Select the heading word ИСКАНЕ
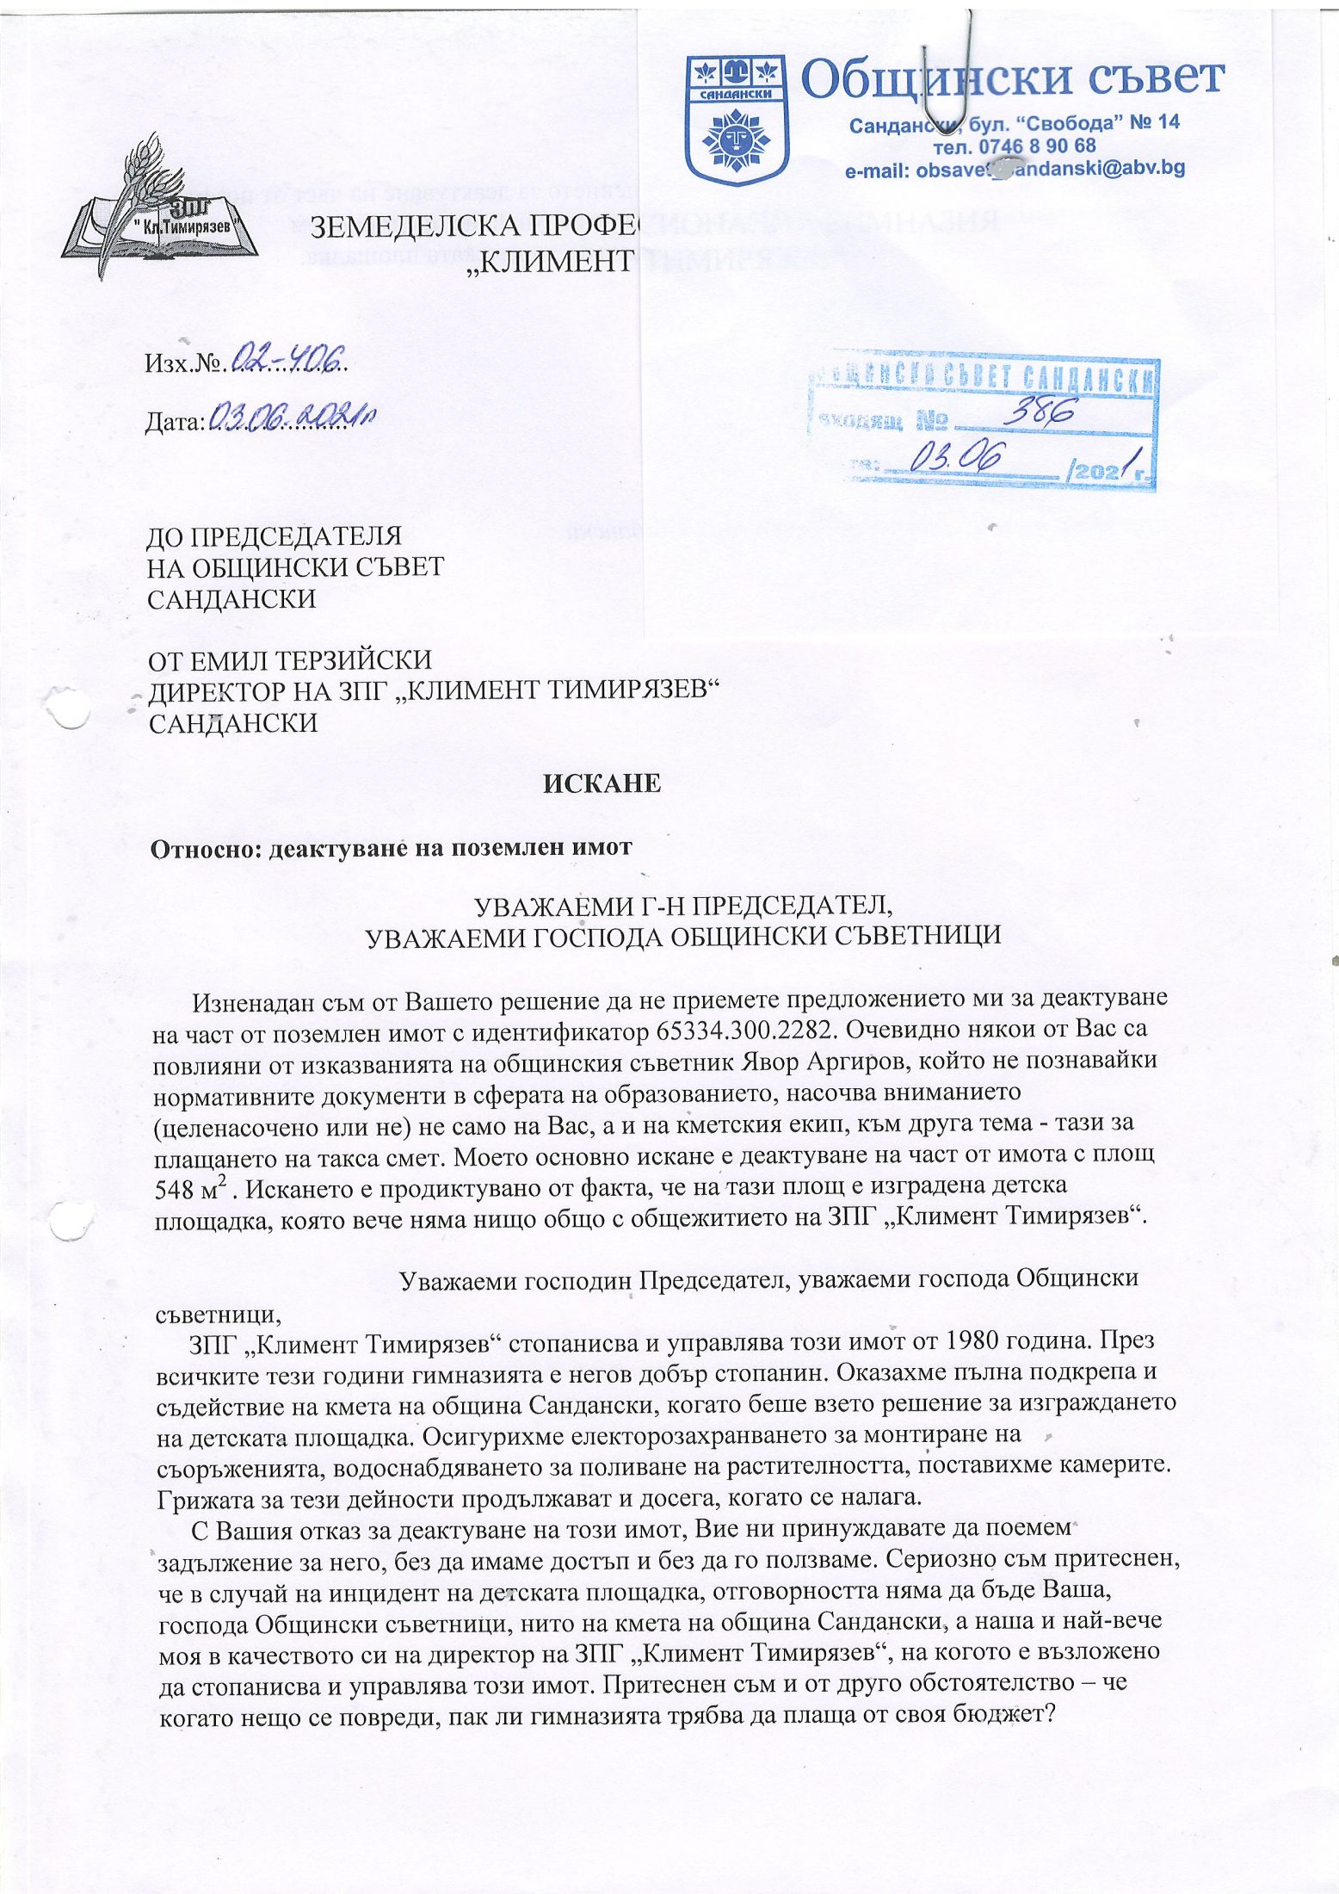[x=601, y=783]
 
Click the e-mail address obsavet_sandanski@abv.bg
[x=1015, y=170]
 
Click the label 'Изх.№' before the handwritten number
[x=183, y=364]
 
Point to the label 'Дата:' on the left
[x=176, y=422]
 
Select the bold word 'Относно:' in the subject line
[x=206, y=849]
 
